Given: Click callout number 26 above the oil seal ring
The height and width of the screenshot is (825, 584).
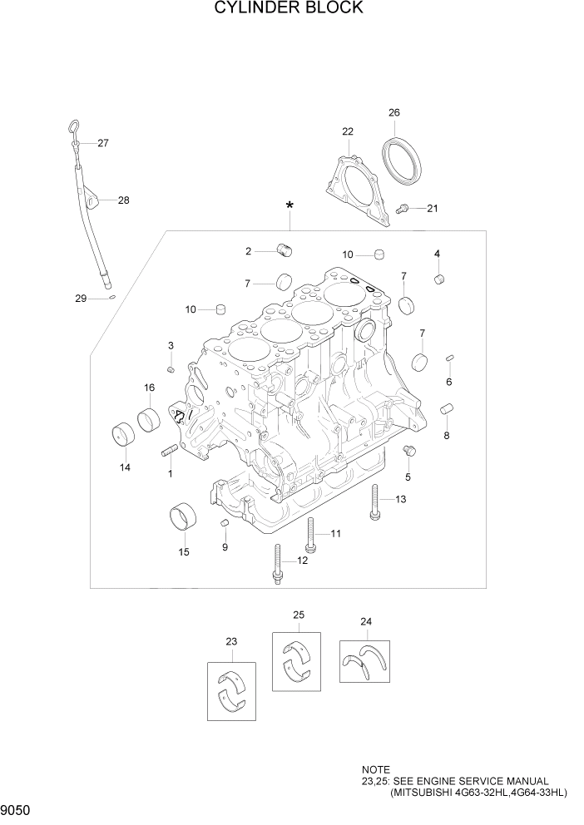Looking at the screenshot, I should (394, 112).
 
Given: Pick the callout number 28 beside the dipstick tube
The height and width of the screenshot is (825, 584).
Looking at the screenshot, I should (123, 200).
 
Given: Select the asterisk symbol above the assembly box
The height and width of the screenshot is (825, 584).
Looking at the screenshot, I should (290, 206).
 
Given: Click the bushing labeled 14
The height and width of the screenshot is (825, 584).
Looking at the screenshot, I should (124, 435).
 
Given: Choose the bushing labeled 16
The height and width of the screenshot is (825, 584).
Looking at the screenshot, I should (150, 419).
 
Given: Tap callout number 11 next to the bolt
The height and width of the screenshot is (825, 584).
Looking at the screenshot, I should (336, 533).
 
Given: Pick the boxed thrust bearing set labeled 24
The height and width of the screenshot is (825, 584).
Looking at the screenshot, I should (364, 661).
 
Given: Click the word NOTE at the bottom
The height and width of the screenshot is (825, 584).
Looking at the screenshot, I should (375, 771).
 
